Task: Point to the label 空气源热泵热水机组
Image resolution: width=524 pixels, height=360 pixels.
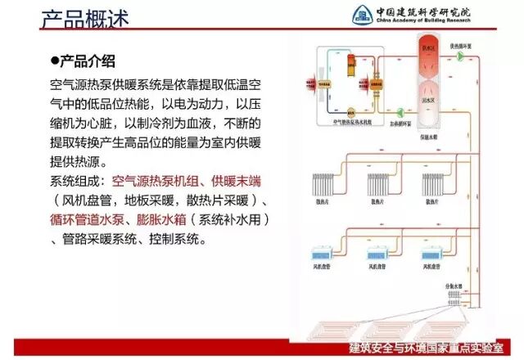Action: click(x=349, y=120)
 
